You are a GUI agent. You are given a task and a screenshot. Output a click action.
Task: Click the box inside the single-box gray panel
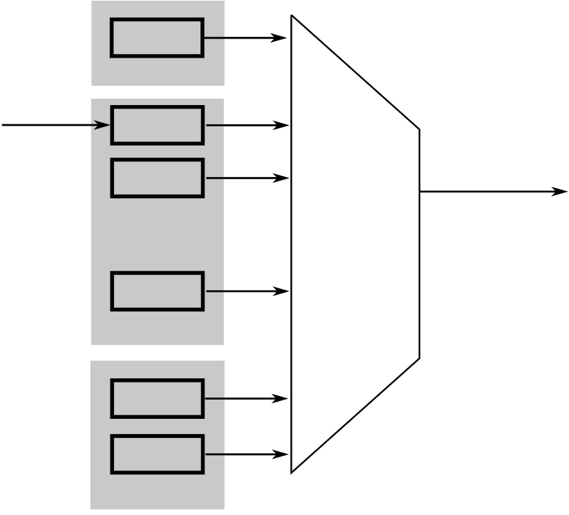click(x=157, y=38)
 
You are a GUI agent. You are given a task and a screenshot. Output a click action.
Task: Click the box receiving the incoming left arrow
click(x=157, y=125)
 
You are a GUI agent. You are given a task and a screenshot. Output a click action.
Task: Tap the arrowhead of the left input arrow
click(x=102, y=125)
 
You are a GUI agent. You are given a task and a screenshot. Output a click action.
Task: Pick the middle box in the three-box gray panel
click(x=157, y=178)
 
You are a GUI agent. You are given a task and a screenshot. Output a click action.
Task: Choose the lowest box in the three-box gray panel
click(x=157, y=291)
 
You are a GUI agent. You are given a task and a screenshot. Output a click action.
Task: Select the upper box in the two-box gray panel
click(x=157, y=398)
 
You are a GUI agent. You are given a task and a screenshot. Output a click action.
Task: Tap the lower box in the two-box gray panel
click(x=157, y=454)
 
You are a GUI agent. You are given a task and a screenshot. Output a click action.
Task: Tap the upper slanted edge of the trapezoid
click(x=356, y=72)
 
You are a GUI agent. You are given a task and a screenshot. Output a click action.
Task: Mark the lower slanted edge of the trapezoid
click(x=356, y=415)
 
